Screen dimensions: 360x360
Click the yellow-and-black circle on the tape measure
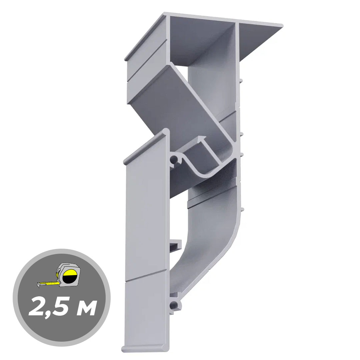tap(70, 276)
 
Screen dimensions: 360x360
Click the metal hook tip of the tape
tap(39, 285)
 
